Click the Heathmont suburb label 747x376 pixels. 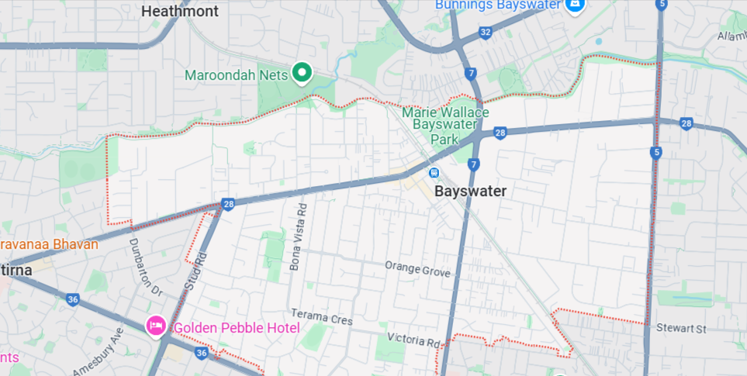click(x=181, y=12)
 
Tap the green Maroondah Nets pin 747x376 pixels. click(x=301, y=74)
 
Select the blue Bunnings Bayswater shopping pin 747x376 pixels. click(x=575, y=6)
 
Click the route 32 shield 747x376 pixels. click(x=486, y=32)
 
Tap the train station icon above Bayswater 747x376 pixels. click(x=435, y=173)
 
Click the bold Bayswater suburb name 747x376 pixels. click(x=470, y=191)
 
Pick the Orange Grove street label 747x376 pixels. click(x=417, y=269)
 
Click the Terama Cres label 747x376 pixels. click(x=321, y=316)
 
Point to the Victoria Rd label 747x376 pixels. click(x=416, y=340)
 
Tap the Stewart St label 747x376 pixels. click(x=680, y=329)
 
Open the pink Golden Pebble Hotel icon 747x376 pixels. click(x=156, y=326)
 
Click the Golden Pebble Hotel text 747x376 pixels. click(x=236, y=328)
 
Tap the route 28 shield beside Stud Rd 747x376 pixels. click(x=228, y=204)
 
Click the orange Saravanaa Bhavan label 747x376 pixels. click(x=49, y=244)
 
